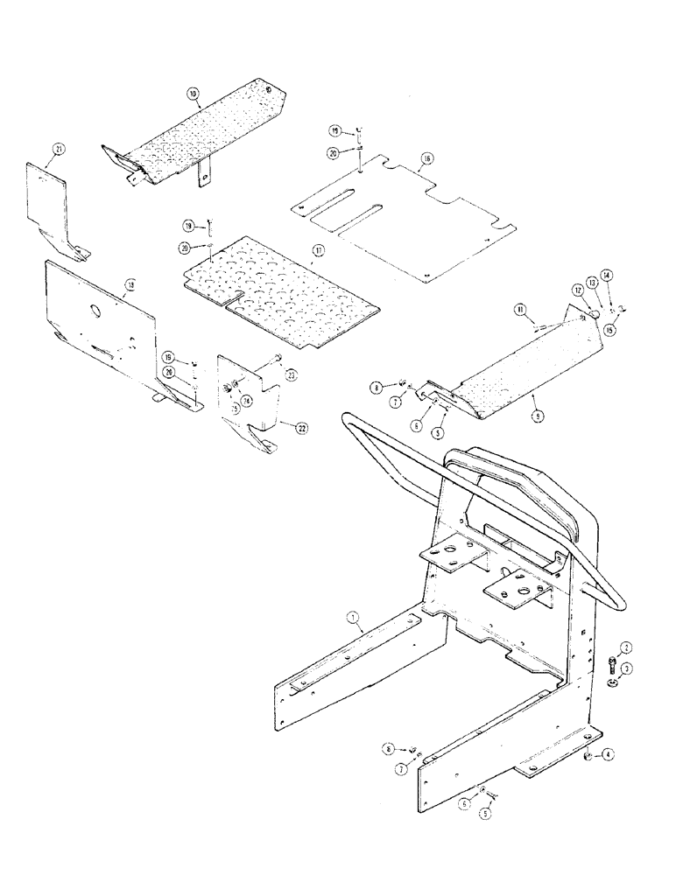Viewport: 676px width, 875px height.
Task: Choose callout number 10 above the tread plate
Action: pyautogui.click(x=193, y=92)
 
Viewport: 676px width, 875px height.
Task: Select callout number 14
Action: pyautogui.click(x=606, y=276)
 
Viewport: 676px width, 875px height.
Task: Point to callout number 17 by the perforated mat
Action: pyautogui.click(x=318, y=250)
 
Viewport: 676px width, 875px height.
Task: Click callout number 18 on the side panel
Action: pyautogui.click(x=129, y=284)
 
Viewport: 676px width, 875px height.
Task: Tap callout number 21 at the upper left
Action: pyautogui.click(x=58, y=150)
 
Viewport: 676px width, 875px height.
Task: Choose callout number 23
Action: pyautogui.click(x=291, y=375)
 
